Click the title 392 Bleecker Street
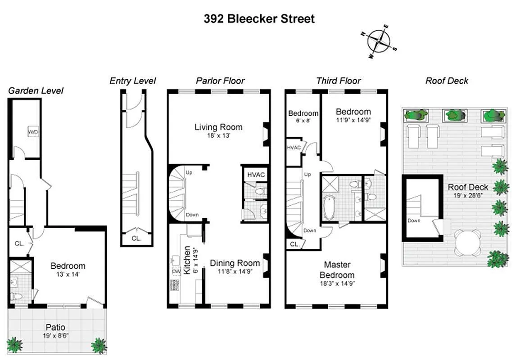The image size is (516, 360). coord(259,19)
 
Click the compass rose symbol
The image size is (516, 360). coord(380,42)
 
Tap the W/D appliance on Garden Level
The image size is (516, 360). coord(33,132)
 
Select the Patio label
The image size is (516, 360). coord(55,327)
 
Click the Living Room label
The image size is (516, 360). coord(218,127)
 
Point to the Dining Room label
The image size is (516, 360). coord(235,263)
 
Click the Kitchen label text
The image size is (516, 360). coord(187,260)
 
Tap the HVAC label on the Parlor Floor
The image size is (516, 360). coord(256,175)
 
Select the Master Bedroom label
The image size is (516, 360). coord(337,270)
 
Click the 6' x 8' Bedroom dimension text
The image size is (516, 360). coord(303,121)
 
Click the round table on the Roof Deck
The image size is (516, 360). coord(468,243)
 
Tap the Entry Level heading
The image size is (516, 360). coord(133,81)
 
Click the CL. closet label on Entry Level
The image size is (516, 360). coord(136,238)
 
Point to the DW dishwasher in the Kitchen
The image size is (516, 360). coord(177,271)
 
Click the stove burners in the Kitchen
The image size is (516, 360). coord(174,285)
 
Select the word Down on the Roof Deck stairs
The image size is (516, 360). coord(414,220)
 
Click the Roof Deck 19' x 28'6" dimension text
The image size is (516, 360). coord(468,196)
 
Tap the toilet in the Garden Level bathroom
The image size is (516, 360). coord(17,296)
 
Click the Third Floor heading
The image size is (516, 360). coord(338,81)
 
